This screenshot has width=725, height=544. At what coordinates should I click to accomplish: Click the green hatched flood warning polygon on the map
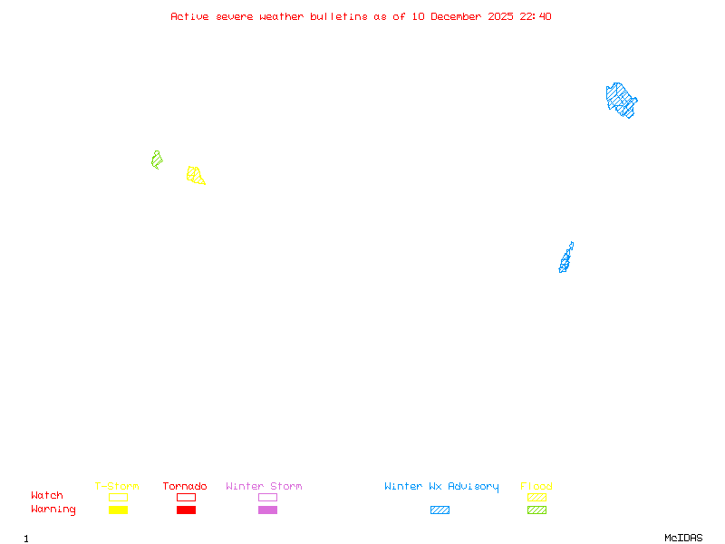click(x=157, y=160)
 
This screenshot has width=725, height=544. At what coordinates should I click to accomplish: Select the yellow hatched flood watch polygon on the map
click(x=195, y=175)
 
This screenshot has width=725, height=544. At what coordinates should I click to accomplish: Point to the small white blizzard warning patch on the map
click(x=574, y=248)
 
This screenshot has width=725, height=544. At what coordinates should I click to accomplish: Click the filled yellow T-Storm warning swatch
click(x=118, y=510)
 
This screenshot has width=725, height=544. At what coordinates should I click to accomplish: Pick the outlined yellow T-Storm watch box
click(x=118, y=497)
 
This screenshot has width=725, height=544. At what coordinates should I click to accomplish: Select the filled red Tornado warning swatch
click(x=186, y=510)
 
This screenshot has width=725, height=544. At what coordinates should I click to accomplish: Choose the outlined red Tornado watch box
click(x=186, y=497)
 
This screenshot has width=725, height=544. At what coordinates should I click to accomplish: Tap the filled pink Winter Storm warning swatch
click(x=267, y=510)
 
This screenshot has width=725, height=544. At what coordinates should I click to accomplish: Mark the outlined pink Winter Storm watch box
click(x=267, y=497)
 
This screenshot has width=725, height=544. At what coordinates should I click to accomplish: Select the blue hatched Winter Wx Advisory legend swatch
click(x=440, y=510)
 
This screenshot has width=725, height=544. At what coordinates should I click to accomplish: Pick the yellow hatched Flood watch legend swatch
click(x=536, y=497)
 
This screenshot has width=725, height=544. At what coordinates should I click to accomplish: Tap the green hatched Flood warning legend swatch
click(x=536, y=510)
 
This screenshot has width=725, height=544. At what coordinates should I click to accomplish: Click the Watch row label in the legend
click(x=47, y=496)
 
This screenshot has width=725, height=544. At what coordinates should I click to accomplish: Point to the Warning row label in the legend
click(x=53, y=510)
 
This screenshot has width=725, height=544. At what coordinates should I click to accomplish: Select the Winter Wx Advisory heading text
click(x=441, y=487)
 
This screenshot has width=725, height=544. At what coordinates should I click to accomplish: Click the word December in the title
click(x=458, y=16)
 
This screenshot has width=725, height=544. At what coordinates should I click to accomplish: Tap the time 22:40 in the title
click(x=536, y=16)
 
